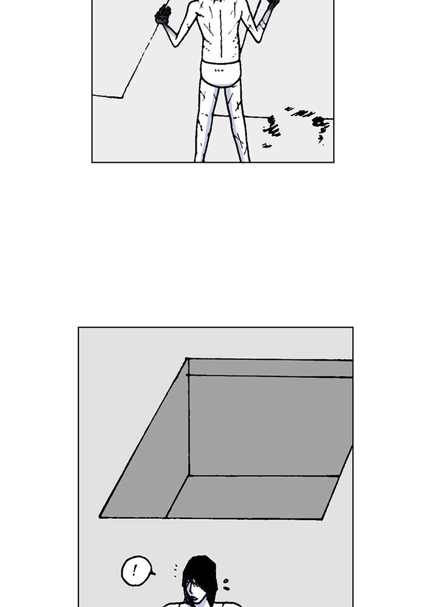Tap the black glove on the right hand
[273, 4]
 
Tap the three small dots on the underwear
[219, 70]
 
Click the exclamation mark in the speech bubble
[135, 570]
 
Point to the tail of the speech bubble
[152, 573]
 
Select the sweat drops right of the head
[226, 585]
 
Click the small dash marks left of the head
[175, 570]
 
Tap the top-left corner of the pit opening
[186, 359]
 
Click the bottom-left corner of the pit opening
[100, 517]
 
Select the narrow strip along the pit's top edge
[270, 368]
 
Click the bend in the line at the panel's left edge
[122, 98]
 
